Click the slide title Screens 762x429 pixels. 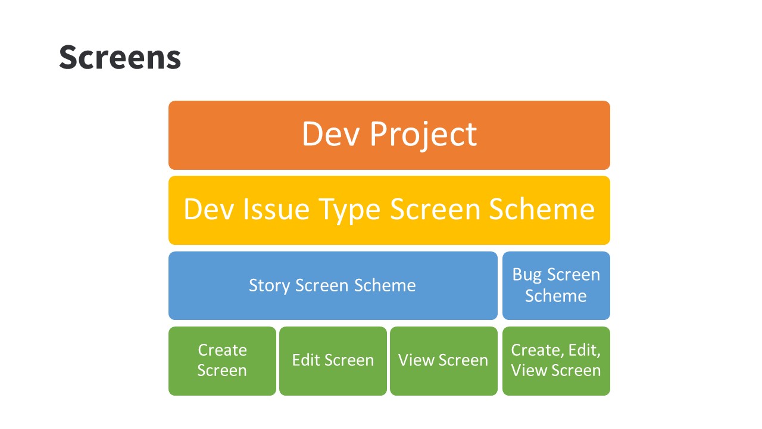(x=120, y=57)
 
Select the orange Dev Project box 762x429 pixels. (x=389, y=135)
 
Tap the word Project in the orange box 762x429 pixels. (x=423, y=135)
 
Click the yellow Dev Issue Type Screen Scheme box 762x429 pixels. (x=389, y=210)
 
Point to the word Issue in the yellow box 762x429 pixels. (x=276, y=209)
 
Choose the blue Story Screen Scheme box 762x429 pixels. (x=333, y=285)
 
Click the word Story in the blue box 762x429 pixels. (x=268, y=286)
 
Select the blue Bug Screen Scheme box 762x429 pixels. (x=556, y=285)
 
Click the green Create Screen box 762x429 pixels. (x=223, y=361)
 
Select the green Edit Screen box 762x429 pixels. (x=333, y=361)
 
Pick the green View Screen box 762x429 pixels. (x=444, y=361)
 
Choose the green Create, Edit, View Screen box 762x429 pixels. (x=556, y=361)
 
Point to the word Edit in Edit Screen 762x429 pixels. (x=306, y=360)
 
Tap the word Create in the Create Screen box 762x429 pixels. (x=223, y=350)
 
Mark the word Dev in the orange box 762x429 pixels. (x=330, y=134)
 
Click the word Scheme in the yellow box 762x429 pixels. (x=542, y=209)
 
